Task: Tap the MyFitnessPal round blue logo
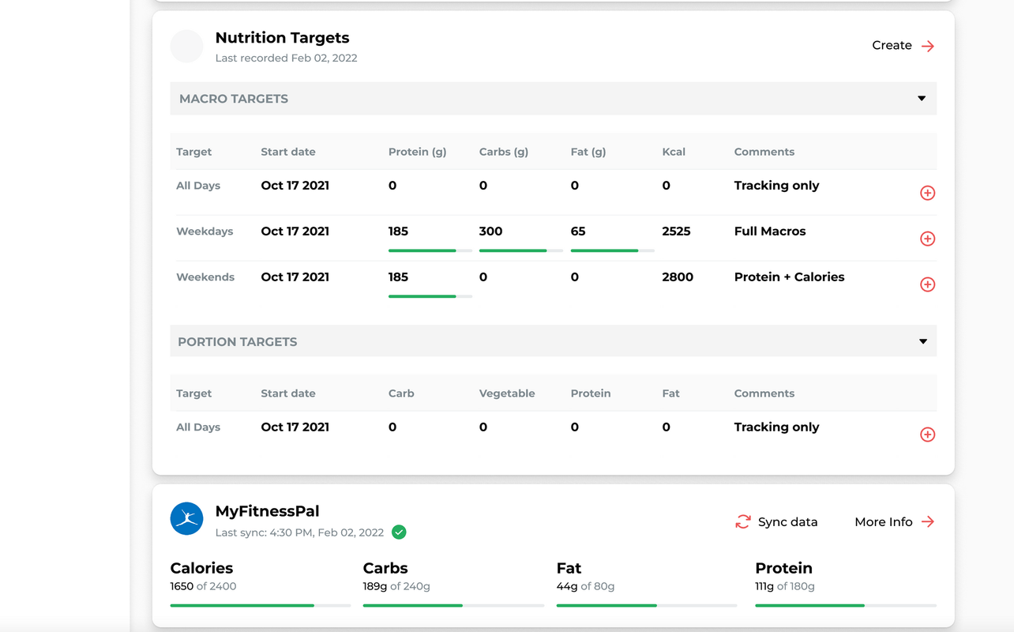(187, 518)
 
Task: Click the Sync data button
(776, 522)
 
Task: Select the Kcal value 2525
(676, 231)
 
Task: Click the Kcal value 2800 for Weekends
(678, 277)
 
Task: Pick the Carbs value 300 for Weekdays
(490, 231)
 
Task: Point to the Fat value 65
(578, 231)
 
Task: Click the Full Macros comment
(770, 231)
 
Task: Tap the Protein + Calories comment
(789, 277)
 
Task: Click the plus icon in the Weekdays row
(928, 239)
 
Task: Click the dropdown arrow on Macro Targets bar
(922, 99)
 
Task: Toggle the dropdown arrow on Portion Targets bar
(923, 342)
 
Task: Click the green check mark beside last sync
(400, 532)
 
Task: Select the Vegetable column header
(507, 393)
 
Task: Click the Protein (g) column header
(417, 152)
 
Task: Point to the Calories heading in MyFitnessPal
(201, 568)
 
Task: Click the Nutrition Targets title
(282, 38)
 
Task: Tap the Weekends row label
(205, 277)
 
